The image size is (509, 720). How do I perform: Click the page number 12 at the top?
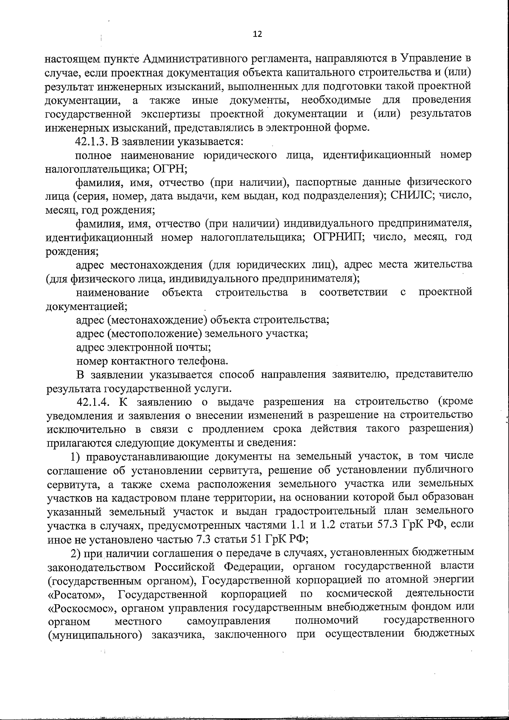pyautogui.click(x=257, y=34)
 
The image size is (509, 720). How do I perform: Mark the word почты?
pyautogui.click(x=193, y=348)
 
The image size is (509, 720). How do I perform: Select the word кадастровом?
pyautogui.click(x=131, y=497)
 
